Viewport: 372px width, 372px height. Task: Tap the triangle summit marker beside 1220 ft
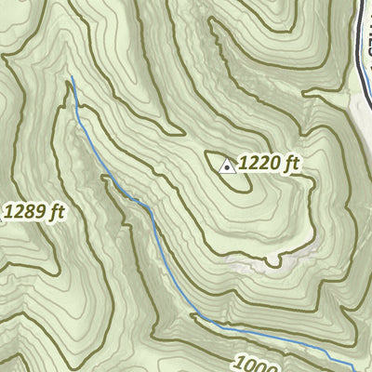tap(227, 166)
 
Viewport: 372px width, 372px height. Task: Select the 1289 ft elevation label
tap(33, 212)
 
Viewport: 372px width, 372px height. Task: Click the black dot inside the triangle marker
tap(227, 168)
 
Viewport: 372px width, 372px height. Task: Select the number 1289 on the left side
tap(23, 212)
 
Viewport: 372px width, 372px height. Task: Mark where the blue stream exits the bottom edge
tap(352, 369)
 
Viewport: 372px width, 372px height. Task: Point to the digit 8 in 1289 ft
tap(28, 212)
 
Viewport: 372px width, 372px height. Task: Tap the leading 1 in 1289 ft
tap(8, 212)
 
